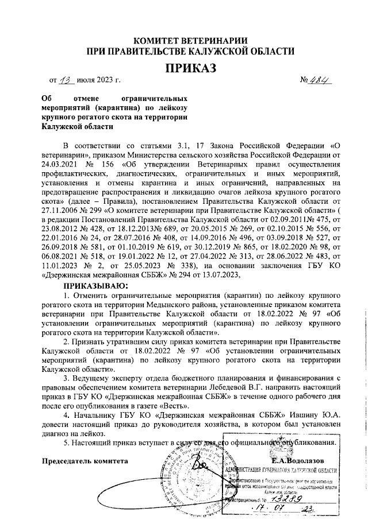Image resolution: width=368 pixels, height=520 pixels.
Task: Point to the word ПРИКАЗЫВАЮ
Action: click(x=97, y=285)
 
